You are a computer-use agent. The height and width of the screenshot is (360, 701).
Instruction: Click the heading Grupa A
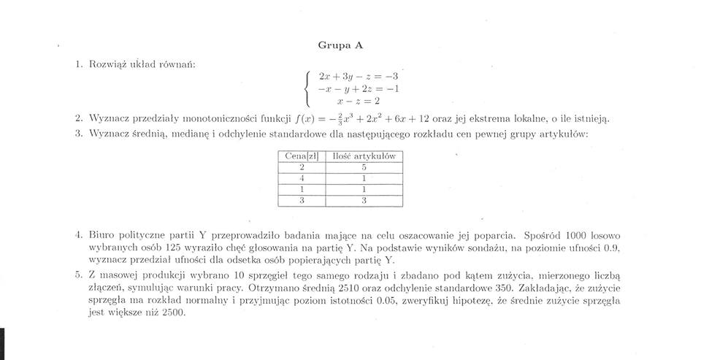[340, 45]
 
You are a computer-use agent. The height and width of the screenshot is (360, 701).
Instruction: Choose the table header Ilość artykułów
[363, 156]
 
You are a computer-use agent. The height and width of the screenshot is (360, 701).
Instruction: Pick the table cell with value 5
[363, 167]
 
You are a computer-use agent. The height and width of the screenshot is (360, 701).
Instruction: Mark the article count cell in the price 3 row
[363, 201]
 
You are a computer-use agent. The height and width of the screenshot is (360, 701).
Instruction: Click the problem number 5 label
[78, 275]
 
